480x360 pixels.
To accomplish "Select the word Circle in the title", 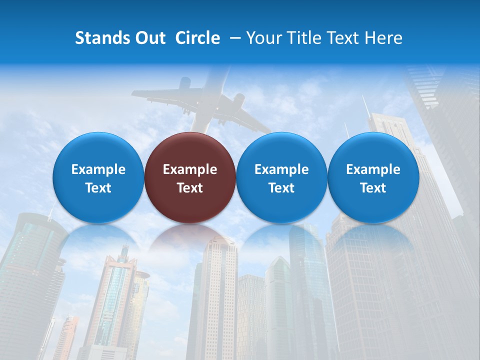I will [197, 38].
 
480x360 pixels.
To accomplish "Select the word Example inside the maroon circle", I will [190, 169].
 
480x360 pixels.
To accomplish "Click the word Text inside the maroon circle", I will [190, 188].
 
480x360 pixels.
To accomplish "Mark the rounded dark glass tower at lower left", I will [27, 265].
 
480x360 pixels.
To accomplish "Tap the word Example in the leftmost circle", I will [98, 169].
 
